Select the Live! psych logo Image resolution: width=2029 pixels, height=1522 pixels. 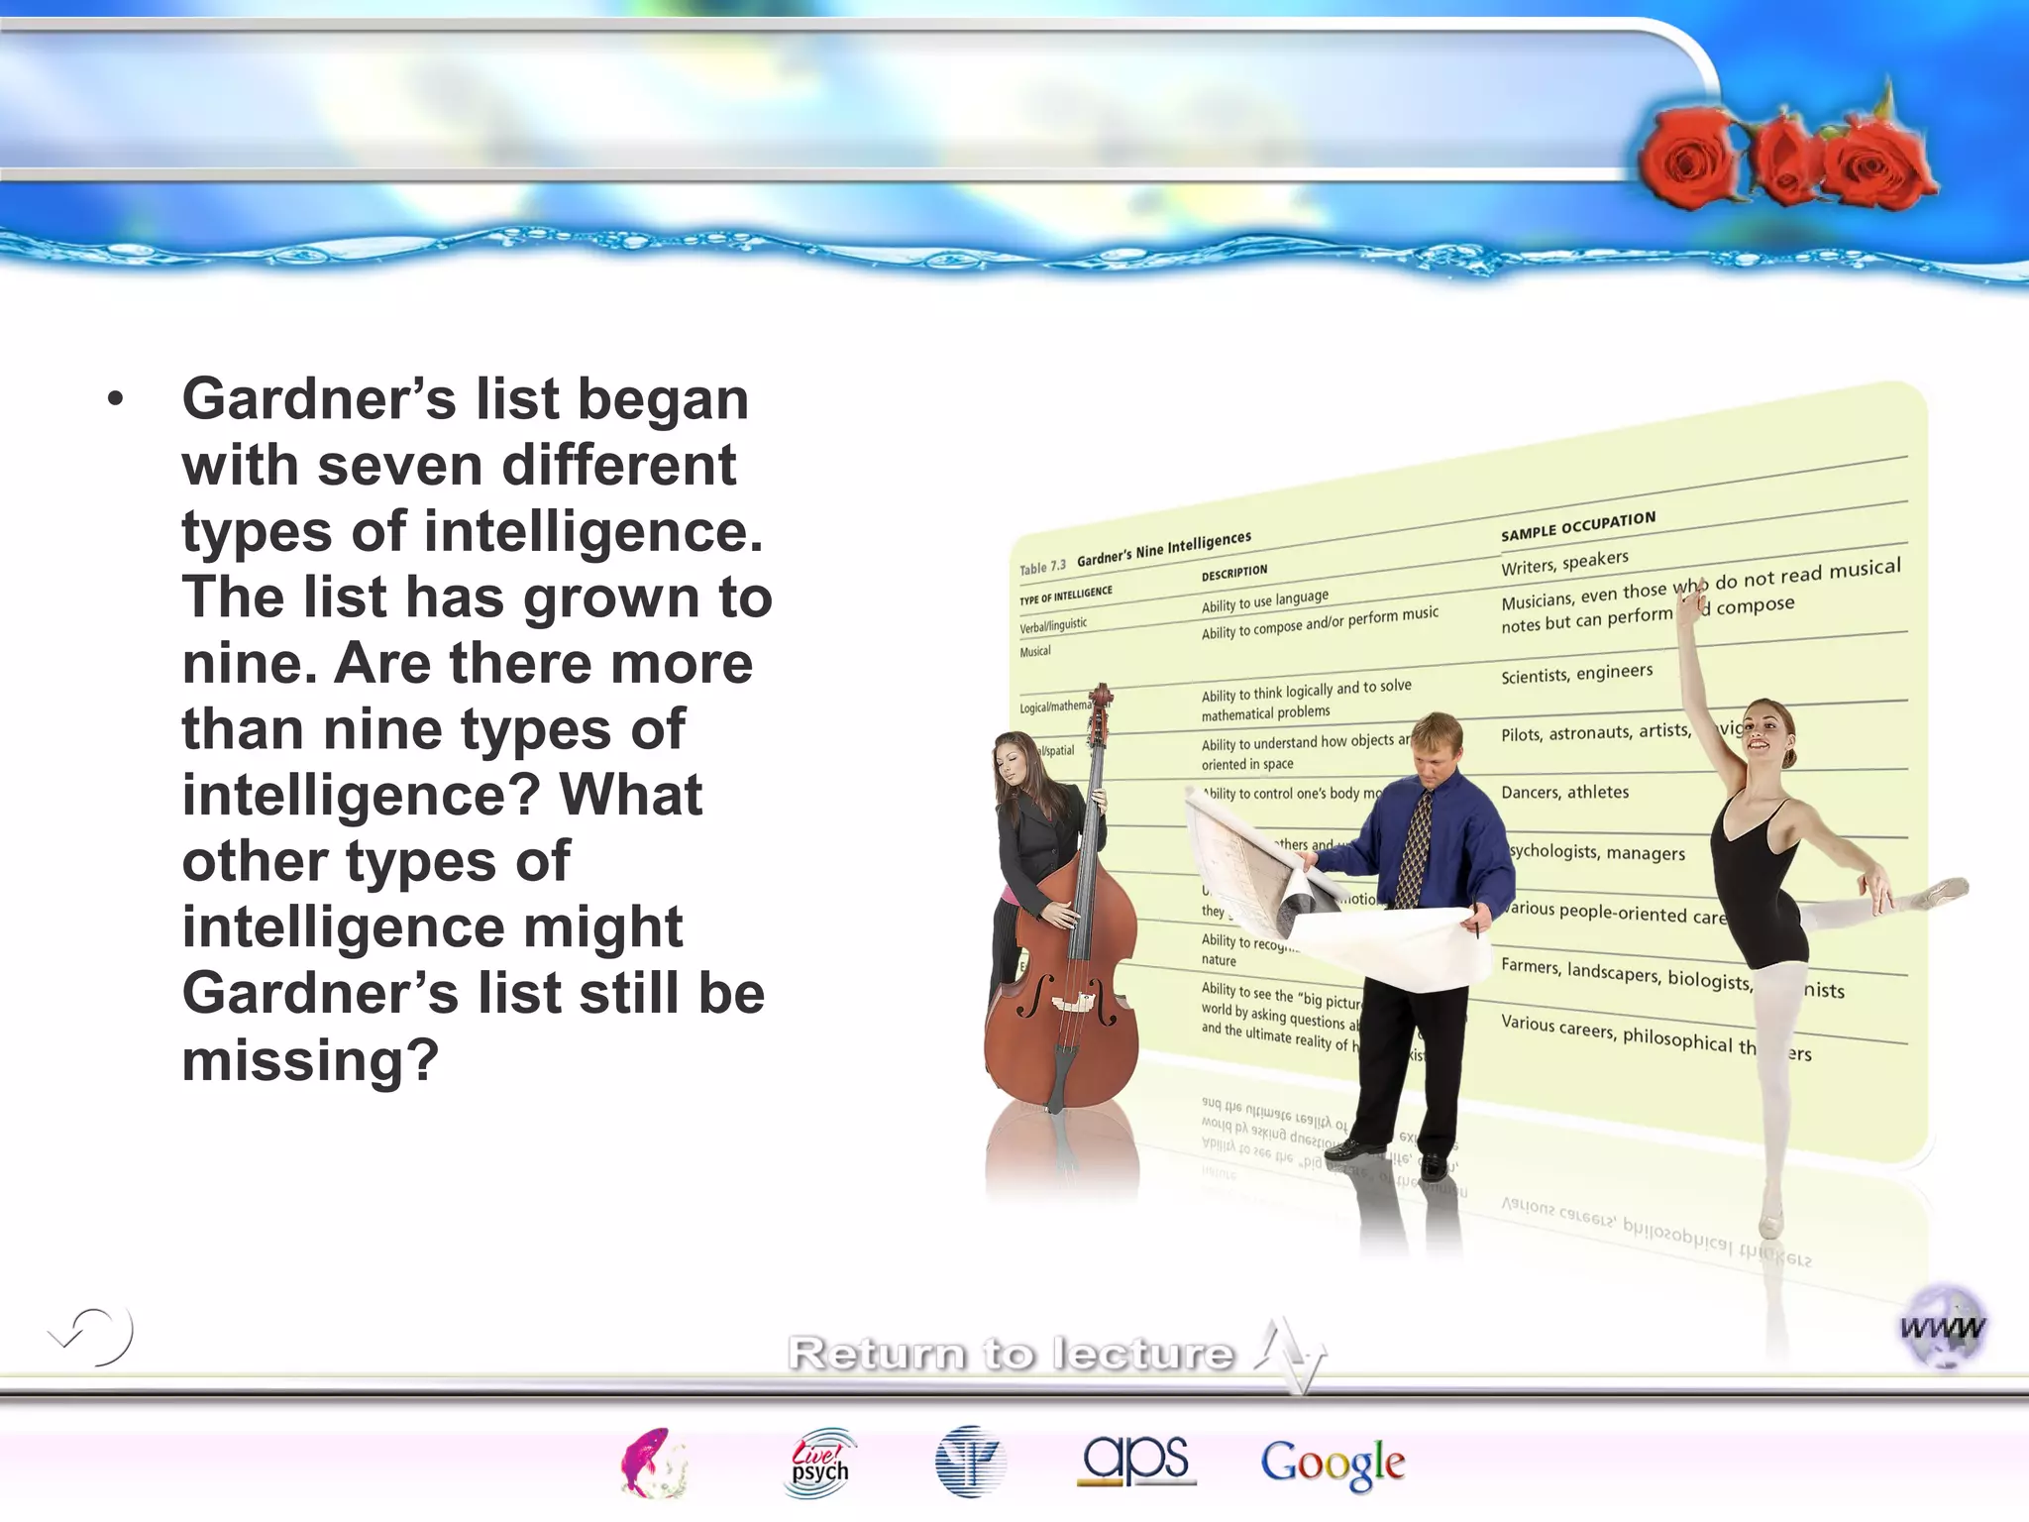click(820, 1463)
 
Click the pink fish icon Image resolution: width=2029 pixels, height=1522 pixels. click(652, 1463)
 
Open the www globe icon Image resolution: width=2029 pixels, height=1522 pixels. click(1943, 1327)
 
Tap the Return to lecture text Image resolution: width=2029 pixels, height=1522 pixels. click(1011, 1353)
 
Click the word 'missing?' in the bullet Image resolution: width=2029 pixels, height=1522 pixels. click(310, 1059)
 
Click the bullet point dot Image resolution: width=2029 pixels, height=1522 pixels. click(116, 399)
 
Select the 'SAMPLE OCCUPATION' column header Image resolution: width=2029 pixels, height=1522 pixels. click(1577, 526)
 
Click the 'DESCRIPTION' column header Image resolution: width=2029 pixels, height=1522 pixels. click(1233, 573)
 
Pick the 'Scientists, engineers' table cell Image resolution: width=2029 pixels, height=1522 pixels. click(1576, 674)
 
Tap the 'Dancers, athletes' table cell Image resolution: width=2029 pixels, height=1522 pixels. click(1564, 793)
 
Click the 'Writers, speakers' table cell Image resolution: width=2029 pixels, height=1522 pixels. click(1564, 562)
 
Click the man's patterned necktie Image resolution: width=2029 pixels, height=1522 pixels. click(1415, 847)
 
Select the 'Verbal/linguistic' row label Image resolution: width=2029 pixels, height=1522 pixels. click(1053, 625)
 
